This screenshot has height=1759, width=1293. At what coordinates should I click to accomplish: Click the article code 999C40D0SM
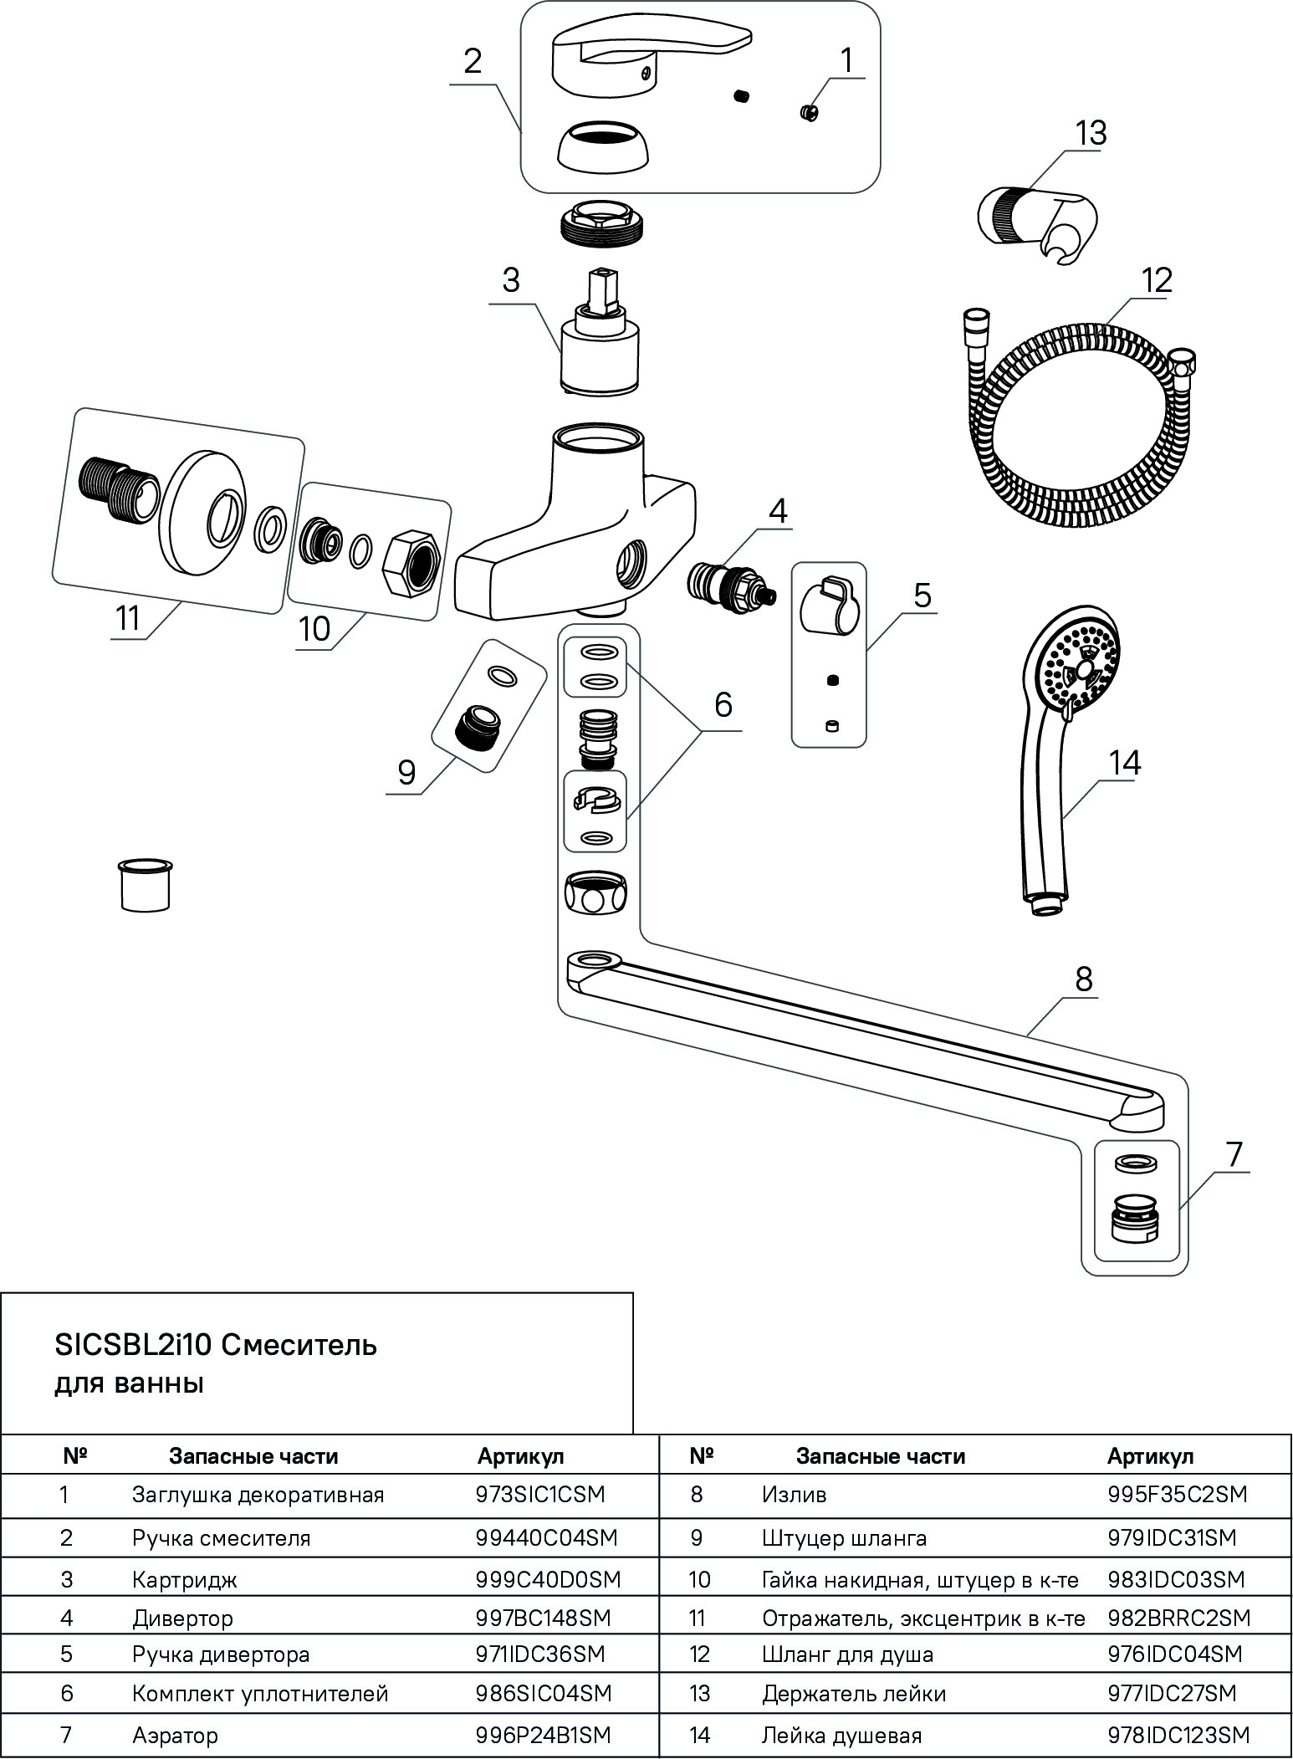coord(548,1579)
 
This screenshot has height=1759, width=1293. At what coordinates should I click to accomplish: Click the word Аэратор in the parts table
coord(175,1736)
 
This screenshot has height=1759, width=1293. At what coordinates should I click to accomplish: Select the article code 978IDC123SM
coord(1178,1736)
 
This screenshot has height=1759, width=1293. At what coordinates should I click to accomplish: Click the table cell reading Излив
coord(794,1494)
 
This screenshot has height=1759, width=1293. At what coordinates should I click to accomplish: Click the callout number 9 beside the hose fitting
coord(406,772)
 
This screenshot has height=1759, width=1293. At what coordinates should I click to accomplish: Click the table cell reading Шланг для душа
coord(847,1654)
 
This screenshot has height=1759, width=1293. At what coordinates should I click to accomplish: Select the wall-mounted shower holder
coord(1036,220)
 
